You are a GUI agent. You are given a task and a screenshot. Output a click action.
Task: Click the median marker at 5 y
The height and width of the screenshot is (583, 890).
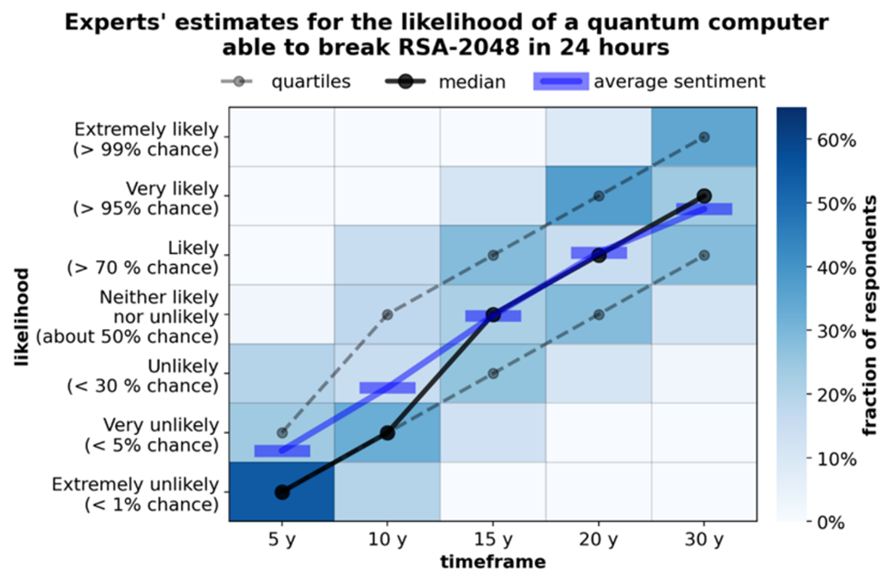coord(281,492)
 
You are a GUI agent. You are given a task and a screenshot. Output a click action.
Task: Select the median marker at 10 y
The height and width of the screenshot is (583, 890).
coord(387,432)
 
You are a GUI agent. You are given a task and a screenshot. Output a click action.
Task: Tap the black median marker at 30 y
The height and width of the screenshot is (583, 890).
coord(704,196)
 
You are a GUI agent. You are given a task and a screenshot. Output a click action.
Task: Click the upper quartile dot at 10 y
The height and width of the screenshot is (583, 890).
coord(387,314)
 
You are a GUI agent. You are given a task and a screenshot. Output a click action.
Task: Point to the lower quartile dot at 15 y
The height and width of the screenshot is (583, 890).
coord(493,373)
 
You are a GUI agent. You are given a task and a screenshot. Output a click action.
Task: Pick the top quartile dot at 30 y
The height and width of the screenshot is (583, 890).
coord(704,137)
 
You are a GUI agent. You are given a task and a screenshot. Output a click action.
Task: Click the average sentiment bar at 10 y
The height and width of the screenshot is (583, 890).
coord(387,387)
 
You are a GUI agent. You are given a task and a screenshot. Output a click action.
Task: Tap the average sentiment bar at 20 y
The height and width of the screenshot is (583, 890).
coord(599,252)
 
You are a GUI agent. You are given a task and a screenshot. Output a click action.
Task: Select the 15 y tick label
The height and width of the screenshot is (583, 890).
coord(493,540)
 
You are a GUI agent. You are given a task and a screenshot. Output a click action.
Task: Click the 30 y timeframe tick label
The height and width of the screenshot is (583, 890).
coord(704,540)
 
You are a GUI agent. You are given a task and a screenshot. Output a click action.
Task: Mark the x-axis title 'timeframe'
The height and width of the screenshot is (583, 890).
coord(493,562)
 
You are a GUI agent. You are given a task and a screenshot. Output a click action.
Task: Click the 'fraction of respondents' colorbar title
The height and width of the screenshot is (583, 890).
coord(873,315)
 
